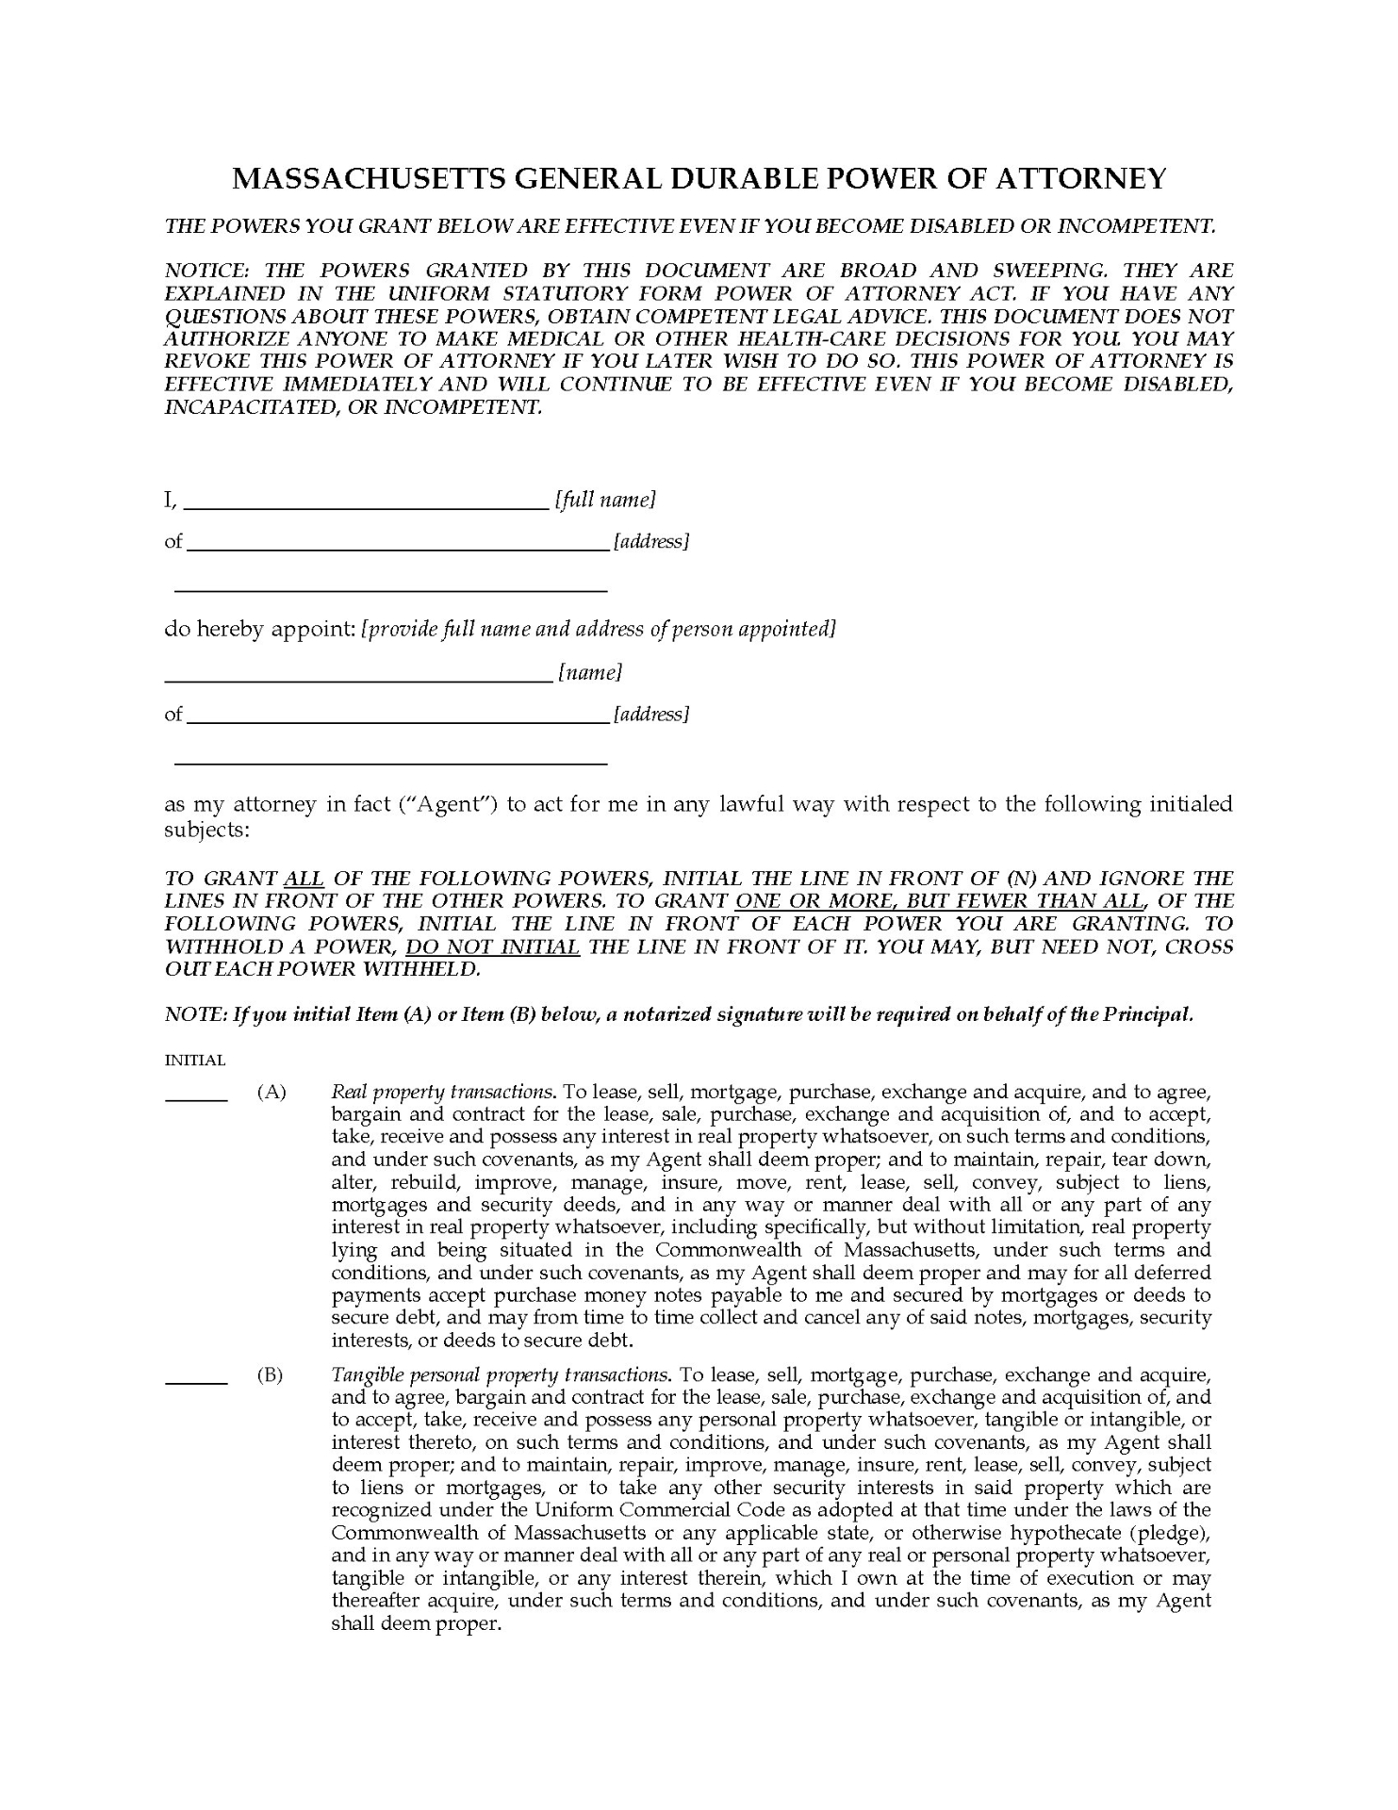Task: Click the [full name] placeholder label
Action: pos(604,500)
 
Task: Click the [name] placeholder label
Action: pos(590,672)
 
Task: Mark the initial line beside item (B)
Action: pos(196,1381)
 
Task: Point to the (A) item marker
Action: pos(271,1092)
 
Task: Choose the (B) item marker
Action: pos(270,1374)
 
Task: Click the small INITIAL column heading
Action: pos(195,1061)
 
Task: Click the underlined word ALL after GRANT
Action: pos(304,879)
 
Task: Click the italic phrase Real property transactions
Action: pos(442,1092)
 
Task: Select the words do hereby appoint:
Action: pos(259,629)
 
